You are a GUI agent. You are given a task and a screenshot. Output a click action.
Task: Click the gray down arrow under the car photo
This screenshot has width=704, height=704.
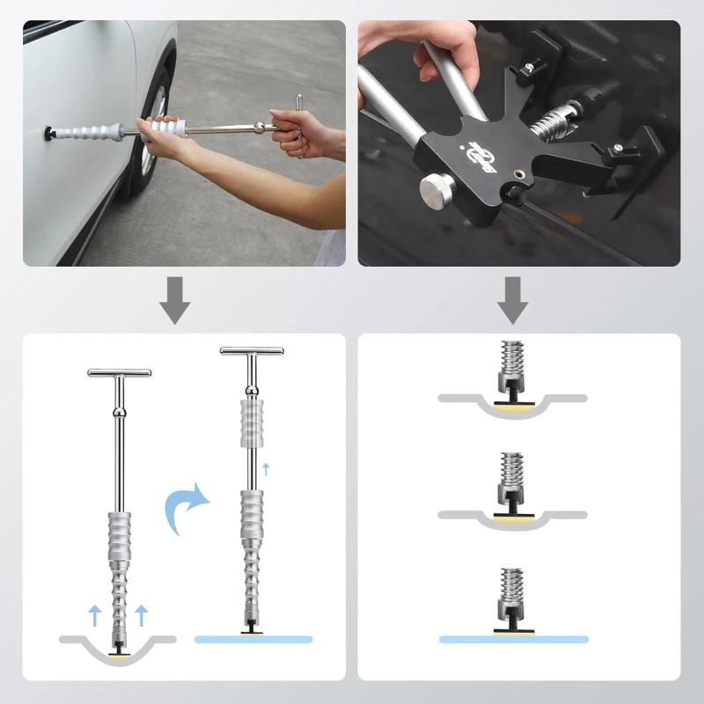tap(175, 300)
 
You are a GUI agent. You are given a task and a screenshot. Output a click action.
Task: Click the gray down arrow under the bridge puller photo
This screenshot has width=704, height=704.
tap(512, 300)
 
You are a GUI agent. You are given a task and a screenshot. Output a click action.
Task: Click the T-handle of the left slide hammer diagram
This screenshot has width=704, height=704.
tap(119, 373)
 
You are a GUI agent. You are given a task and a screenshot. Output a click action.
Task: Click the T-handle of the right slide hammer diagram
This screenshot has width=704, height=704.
tap(252, 351)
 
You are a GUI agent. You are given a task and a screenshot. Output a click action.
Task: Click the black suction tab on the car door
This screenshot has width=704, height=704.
tap(44, 133)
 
